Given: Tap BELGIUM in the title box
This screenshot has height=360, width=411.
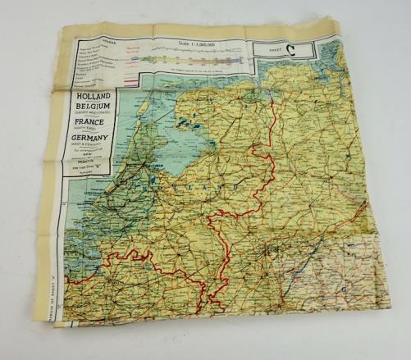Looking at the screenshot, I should click(92, 109).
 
